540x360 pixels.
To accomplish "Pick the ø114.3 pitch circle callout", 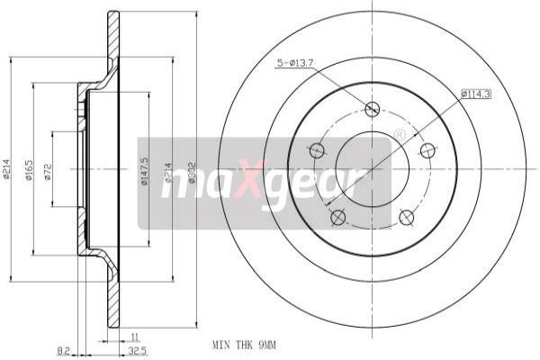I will pyautogui.click(x=475, y=93).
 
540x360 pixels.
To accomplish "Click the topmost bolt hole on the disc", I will pyautogui.click(x=372, y=110).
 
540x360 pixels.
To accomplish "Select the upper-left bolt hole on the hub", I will pyautogui.click(x=317, y=150).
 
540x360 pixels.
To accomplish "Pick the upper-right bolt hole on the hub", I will pyautogui.click(x=427, y=150).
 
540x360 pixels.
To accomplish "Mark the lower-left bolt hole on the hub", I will pyautogui.click(x=337, y=217).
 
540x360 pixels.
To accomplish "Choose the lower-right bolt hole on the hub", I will pyautogui.click(x=406, y=217).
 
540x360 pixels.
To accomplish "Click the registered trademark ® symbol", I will pyautogui.click(x=400, y=135).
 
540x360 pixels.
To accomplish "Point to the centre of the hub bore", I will pyautogui.click(x=372, y=168).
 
